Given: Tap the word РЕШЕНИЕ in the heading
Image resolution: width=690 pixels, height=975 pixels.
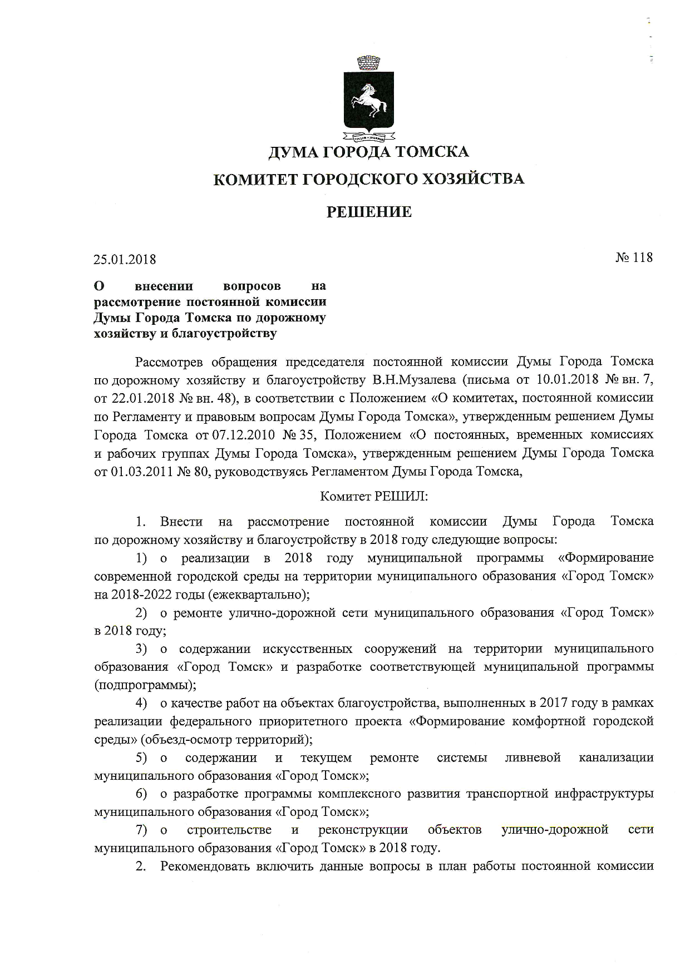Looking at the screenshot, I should click(368, 212).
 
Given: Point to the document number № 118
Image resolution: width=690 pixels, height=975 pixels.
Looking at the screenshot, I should click(634, 258).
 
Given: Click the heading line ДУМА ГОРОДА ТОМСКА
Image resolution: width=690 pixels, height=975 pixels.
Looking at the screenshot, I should click(368, 152).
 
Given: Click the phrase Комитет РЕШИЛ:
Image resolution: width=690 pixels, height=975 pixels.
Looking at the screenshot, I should click(374, 496).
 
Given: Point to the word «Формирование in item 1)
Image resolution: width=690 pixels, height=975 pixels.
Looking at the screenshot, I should click(605, 558).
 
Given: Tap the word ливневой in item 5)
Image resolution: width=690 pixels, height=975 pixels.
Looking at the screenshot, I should click(533, 758).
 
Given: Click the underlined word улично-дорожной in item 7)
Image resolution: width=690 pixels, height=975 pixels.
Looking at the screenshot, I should click(555, 830).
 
